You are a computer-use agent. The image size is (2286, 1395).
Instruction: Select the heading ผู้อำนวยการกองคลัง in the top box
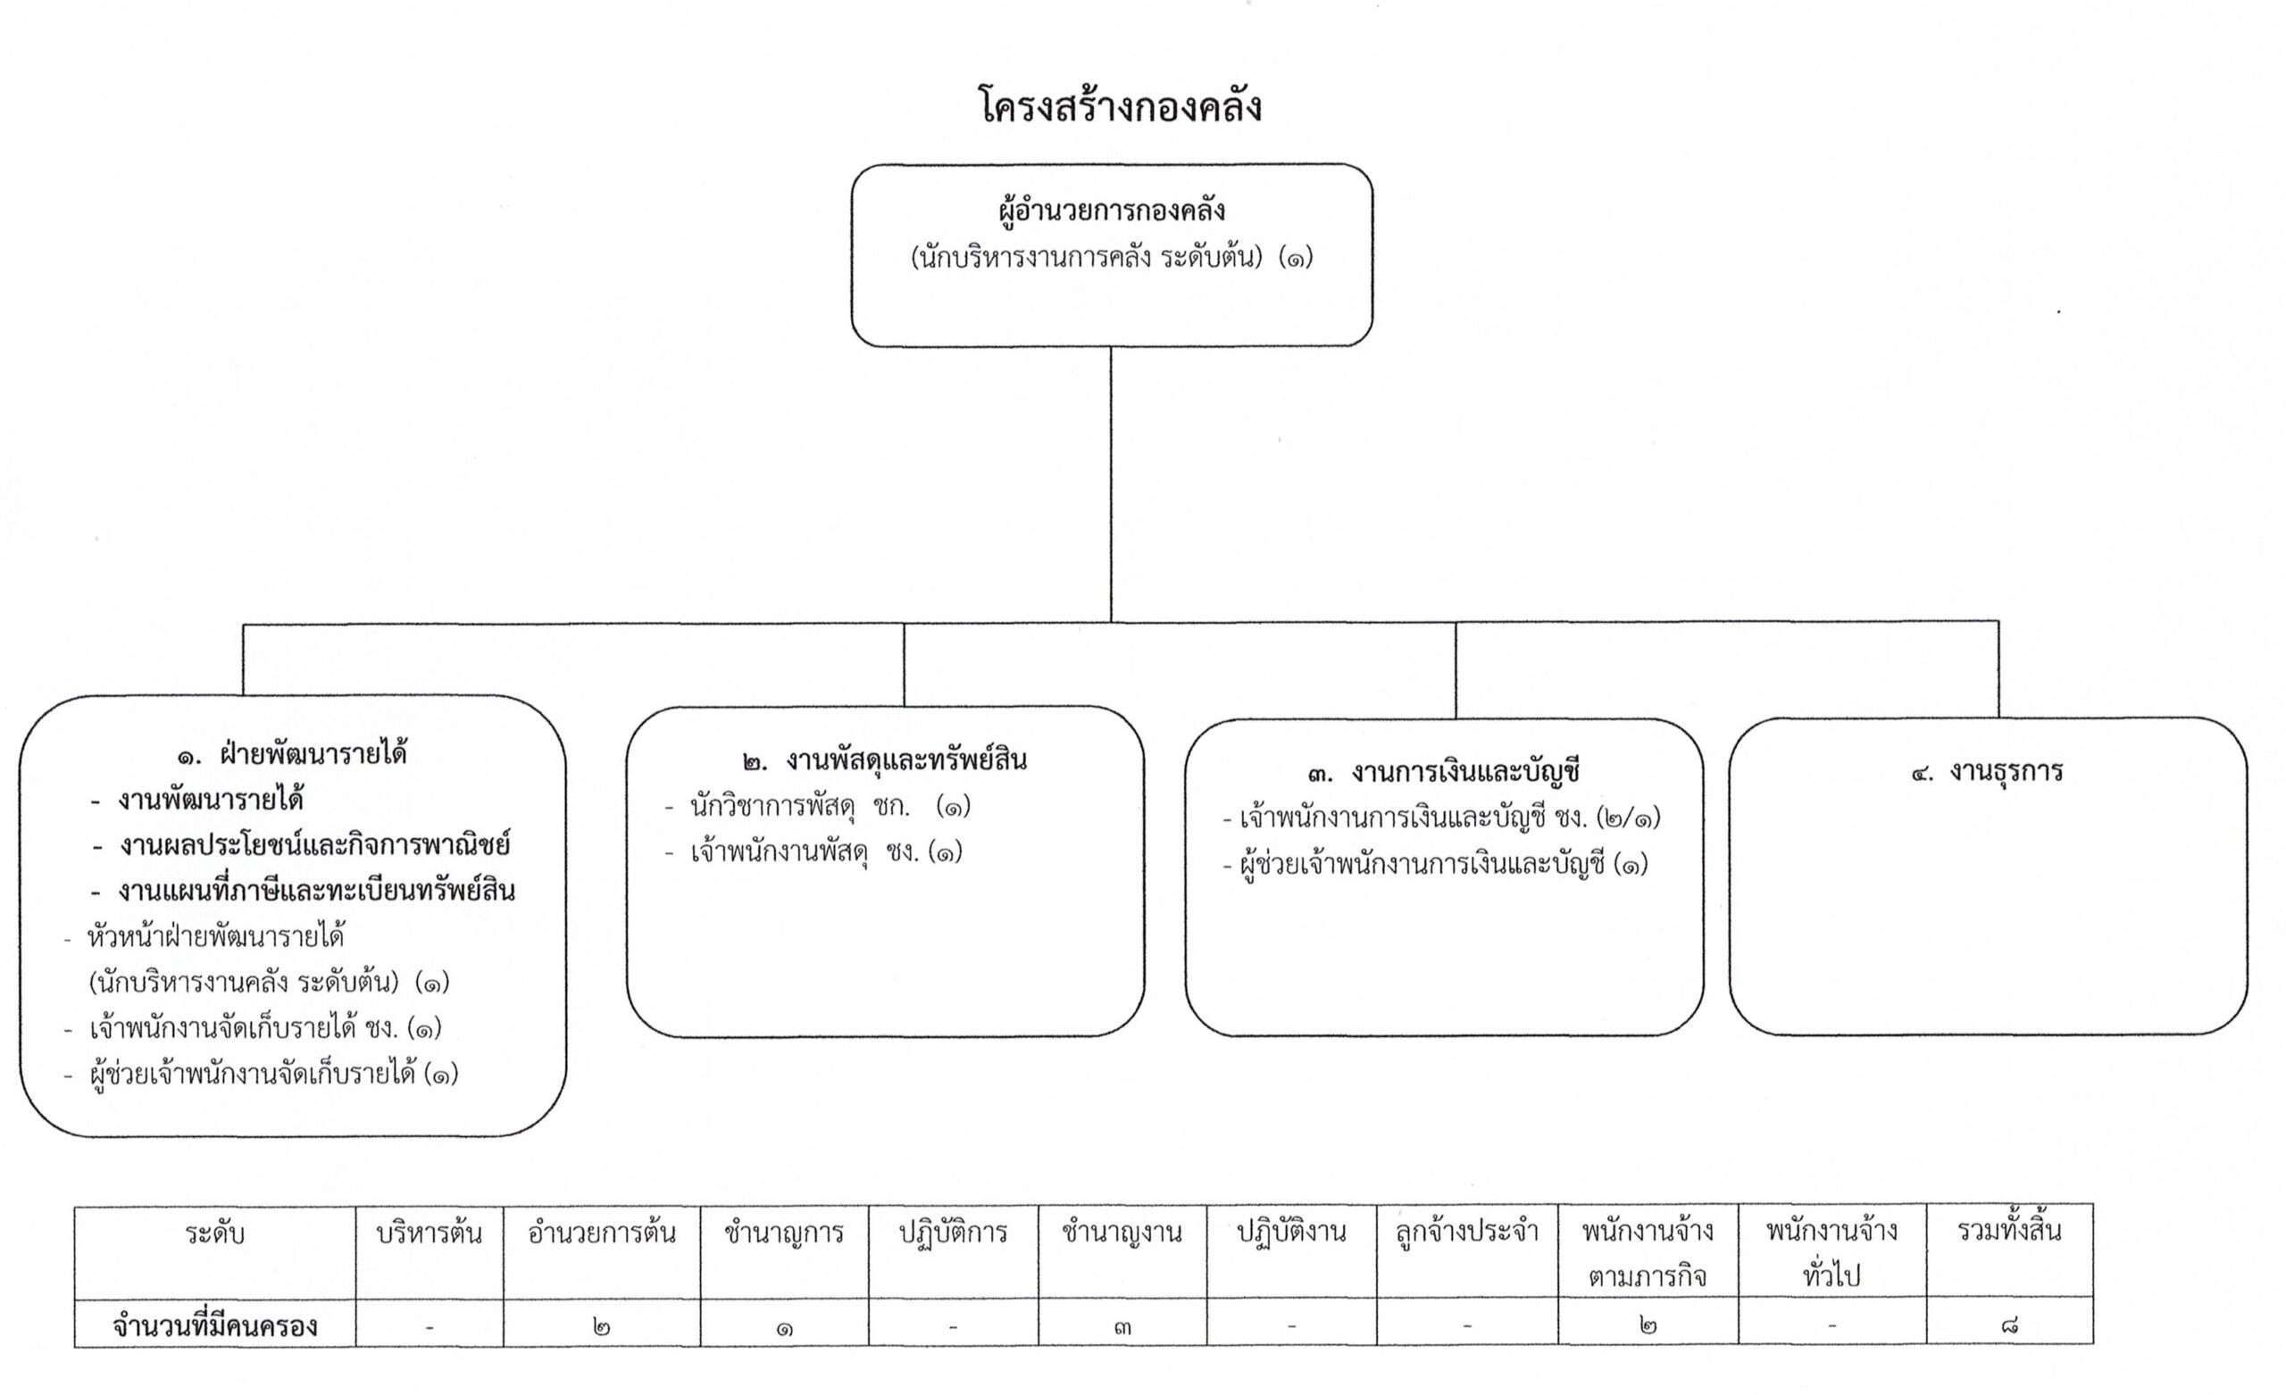tap(1112, 210)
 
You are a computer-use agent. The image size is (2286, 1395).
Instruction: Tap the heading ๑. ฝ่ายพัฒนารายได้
tap(291, 754)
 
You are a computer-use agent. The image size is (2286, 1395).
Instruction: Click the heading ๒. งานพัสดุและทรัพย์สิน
tap(885, 761)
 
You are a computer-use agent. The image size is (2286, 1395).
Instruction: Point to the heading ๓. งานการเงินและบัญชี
tap(1443, 772)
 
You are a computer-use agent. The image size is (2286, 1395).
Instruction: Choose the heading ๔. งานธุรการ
tap(1987, 772)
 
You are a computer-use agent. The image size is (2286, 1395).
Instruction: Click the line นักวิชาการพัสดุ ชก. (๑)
tap(818, 806)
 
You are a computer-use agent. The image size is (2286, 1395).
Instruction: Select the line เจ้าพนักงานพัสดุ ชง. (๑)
tap(813, 851)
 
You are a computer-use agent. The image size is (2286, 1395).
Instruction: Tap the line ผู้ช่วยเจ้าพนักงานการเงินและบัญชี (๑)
tap(1435, 866)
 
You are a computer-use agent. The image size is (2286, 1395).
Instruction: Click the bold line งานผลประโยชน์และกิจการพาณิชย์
tap(302, 846)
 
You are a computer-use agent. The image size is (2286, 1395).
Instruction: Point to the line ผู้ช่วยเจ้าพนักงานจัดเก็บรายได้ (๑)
tap(261, 1075)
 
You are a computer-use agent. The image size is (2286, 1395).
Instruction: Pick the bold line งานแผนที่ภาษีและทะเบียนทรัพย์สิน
tap(303, 892)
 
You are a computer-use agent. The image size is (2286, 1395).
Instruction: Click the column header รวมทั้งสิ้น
tap(2009, 1232)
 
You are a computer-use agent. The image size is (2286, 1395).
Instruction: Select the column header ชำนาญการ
tap(784, 1233)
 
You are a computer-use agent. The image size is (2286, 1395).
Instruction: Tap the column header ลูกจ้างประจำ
tap(1467, 1233)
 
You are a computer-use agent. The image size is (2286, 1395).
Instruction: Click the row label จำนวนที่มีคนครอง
tap(214, 1326)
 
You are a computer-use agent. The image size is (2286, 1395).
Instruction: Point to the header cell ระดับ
tap(214, 1234)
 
